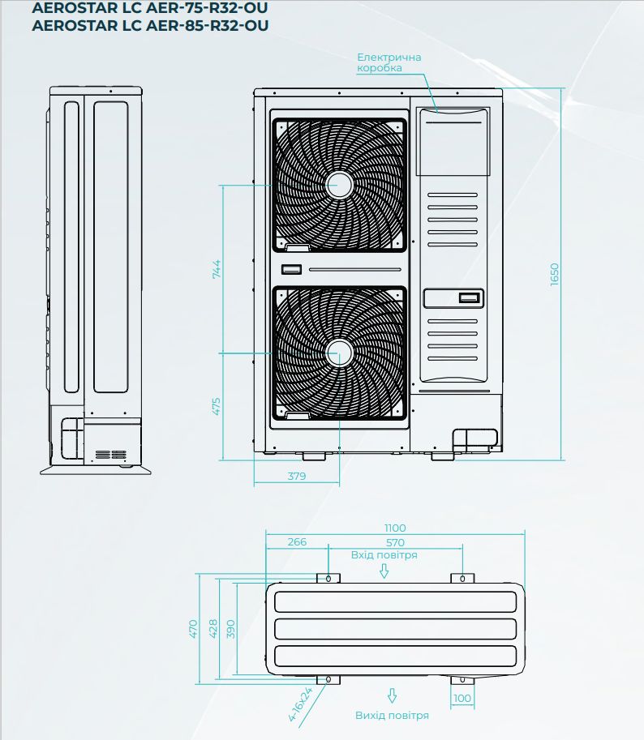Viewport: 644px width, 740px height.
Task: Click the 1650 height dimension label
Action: point(554,274)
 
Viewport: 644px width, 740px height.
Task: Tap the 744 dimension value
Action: point(217,269)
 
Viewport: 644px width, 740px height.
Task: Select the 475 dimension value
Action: point(217,406)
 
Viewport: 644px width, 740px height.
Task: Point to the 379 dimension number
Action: point(297,477)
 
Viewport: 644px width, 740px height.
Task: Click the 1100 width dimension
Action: point(395,528)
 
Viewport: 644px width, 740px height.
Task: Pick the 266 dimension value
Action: point(297,541)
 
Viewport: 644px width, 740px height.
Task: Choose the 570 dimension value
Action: point(395,543)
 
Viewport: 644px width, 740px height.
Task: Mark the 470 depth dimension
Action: point(193,629)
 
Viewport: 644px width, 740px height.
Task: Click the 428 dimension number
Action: point(213,629)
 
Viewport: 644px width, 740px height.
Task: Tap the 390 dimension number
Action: point(231,629)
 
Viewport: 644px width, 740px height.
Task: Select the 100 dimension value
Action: point(462,698)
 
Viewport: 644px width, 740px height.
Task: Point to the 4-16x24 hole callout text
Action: point(300,704)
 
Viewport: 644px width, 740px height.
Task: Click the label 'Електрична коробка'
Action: point(389,62)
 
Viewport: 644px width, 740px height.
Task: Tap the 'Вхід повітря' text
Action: point(384,555)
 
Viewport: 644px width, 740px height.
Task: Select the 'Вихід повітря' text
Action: point(392,716)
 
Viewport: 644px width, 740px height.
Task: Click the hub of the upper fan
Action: point(339,185)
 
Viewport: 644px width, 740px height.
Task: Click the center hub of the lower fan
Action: point(339,353)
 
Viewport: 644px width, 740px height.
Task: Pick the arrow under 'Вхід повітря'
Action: point(384,571)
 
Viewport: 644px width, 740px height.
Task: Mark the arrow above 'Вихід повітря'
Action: point(392,695)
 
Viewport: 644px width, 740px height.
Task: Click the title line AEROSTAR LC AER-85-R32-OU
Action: point(150,25)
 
